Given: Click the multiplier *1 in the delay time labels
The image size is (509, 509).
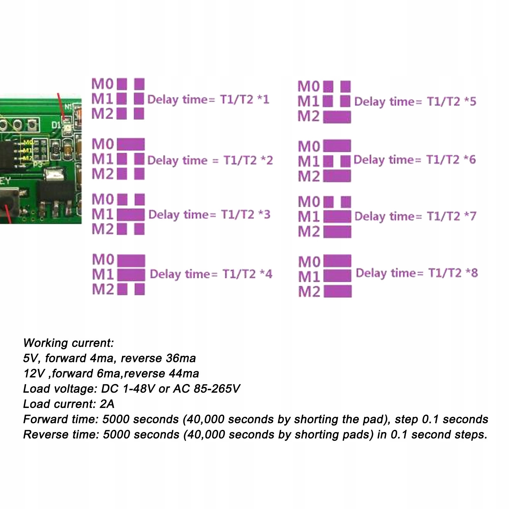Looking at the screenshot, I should pyautogui.click(x=263, y=100).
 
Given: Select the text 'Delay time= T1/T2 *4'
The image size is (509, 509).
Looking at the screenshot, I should pyautogui.click(x=211, y=274).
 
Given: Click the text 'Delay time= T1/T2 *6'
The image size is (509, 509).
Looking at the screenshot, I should pyautogui.click(x=415, y=160).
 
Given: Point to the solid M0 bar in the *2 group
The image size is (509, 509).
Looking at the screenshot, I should pyautogui.click(x=131, y=144).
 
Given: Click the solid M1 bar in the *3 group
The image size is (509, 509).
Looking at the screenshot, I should pyautogui.click(x=131, y=215).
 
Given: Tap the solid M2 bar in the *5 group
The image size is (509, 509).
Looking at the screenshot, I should pyautogui.click(x=337, y=117).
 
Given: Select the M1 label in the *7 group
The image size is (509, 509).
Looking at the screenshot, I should pyautogui.click(x=308, y=217).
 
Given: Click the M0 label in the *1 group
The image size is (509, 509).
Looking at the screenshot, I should pyautogui.click(x=102, y=84).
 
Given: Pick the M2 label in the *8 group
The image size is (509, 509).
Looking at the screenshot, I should pyautogui.click(x=309, y=292).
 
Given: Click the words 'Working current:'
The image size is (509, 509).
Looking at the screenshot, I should pyautogui.click(x=68, y=343).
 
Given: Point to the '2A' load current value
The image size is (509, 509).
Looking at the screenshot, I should pyautogui.click(x=107, y=404).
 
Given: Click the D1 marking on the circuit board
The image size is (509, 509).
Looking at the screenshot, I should pyautogui.click(x=56, y=125).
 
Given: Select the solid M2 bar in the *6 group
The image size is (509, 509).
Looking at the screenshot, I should pyautogui.click(x=337, y=176).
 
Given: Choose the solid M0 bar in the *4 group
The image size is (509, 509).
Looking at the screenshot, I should pyautogui.click(x=131, y=261).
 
